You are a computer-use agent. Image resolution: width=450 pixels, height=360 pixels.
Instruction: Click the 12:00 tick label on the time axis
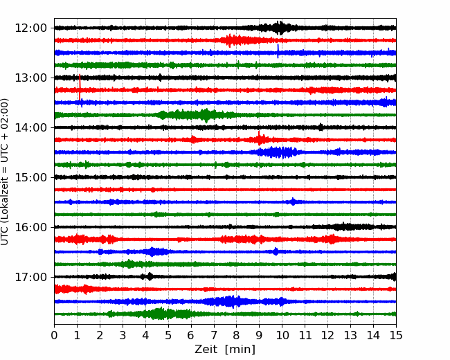pyautogui.click(x=30, y=28)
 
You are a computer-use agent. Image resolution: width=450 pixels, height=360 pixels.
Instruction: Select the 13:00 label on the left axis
pyautogui.click(x=30, y=78)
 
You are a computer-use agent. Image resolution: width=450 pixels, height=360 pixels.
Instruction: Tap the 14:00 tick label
pyautogui.click(x=30, y=127)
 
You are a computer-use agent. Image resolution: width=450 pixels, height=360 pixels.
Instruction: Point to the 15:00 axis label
pyautogui.click(x=30, y=177)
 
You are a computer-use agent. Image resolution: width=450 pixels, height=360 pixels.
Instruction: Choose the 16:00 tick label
pyautogui.click(x=30, y=227)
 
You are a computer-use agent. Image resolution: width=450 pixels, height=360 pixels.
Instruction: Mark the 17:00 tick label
pyautogui.click(x=30, y=277)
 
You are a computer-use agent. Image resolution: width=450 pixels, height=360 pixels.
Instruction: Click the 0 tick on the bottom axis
pyautogui.click(x=54, y=335)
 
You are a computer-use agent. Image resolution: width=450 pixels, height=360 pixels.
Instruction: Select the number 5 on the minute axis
pyautogui.click(x=168, y=335)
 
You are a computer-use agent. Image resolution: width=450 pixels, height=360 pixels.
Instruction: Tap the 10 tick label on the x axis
pyautogui.click(x=282, y=335)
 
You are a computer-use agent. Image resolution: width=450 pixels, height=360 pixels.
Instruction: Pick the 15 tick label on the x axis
pyautogui.click(x=396, y=335)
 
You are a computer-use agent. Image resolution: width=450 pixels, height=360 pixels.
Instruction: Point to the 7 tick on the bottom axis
pyautogui.click(x=214, y=335)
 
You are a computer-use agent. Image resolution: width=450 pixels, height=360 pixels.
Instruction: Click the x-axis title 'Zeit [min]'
pyautogui.click(x=225, y=350)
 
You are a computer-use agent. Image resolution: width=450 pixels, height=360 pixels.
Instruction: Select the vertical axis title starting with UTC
pyautogui.click(x=4, y=172)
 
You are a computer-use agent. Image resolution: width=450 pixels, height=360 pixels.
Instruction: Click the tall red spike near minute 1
pyautogui.click(x=80, y=87)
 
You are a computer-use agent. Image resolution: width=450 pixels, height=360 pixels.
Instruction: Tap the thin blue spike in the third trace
pyautogui.click(x=278, y=51)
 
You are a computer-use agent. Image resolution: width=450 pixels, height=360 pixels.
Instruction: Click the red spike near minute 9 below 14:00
pyautogui.click(x=259, y=138)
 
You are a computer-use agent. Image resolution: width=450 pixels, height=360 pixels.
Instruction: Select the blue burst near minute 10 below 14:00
pyautogui.click(x=278, y=152)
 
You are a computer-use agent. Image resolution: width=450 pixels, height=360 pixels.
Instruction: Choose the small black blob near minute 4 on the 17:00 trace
pyautogui.click(x=150, y=276)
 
